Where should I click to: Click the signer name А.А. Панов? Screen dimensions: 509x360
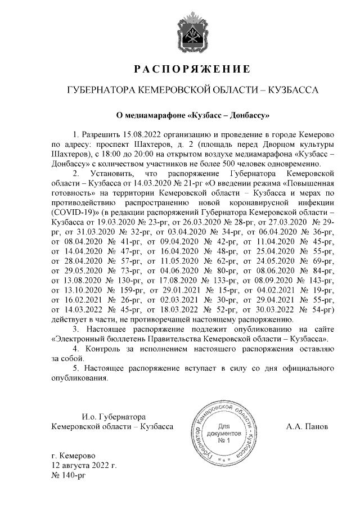point(307,426)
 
